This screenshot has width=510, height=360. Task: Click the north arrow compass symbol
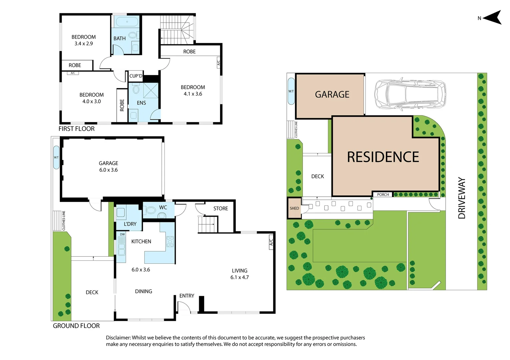[493, 18]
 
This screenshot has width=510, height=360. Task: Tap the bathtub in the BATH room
[127, 22]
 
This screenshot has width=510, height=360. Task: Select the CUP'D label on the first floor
[136, 76]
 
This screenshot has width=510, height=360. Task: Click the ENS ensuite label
[141, 103]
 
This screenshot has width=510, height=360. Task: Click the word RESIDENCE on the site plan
[383, 157]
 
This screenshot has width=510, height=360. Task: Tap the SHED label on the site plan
[294, 208]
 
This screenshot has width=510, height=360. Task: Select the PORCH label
[383, 195]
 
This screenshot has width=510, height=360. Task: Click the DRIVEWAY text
[462, 198]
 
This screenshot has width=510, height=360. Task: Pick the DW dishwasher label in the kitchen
[122, 234]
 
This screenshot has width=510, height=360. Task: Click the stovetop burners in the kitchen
[170, 241]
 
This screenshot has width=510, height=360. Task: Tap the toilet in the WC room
[151, 210]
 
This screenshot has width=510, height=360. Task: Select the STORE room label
[220, 209]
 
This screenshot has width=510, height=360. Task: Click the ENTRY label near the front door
[186, 296]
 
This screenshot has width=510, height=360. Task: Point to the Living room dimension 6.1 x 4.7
[239, 277]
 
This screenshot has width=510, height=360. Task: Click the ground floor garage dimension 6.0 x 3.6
[108, 170]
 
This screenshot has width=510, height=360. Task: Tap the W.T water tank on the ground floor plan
[56, 157]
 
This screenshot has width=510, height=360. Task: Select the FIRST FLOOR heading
[76, 129]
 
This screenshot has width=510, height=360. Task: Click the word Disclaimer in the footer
[118, 338]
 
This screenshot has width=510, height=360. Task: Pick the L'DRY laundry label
[130, 224]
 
